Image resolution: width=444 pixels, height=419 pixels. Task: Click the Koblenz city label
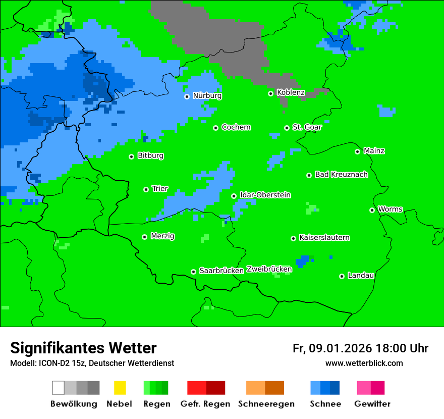(291, 93)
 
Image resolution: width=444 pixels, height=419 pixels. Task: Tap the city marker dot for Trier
(146, 189)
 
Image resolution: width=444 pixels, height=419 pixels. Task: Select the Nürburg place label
(207, 96)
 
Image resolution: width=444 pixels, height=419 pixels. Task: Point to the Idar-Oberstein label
(265, 195)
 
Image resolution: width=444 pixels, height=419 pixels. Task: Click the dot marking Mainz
(357, 151)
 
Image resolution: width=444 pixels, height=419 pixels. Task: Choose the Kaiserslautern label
(324, 238)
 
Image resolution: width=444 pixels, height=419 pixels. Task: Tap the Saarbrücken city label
(221, 271)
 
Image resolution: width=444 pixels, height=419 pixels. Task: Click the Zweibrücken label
(269, 270)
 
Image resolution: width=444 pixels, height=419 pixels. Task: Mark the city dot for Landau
(342, 276)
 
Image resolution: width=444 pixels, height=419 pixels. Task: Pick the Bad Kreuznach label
(341, 175)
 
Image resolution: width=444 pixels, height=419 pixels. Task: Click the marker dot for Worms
(372, 210)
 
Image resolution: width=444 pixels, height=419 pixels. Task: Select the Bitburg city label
(150, 156)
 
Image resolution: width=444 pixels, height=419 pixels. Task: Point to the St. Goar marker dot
(287, 128)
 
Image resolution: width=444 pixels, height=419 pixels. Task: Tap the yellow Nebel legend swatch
(120, 388)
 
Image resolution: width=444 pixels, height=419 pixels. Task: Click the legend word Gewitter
(372, 404)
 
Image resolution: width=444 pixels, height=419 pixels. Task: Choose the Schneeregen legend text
(266, 404)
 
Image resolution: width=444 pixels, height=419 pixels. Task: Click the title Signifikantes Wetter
(83, 348)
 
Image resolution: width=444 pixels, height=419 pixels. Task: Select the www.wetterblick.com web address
(364, 363)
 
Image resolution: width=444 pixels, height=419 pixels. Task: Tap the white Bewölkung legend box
(59, 388)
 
